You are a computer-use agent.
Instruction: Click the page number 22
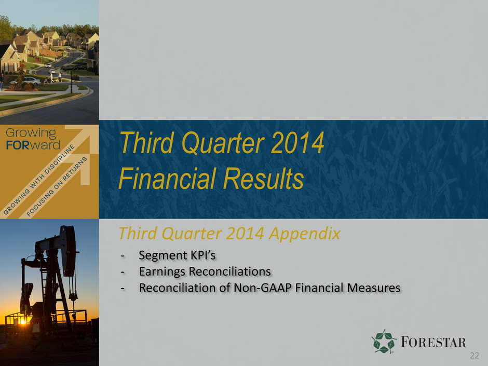pos(475,356)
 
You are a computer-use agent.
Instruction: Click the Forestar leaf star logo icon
pos(384,342)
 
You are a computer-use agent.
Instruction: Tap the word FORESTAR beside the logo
pos(433,342)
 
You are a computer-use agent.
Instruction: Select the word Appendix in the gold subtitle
pos(305,234)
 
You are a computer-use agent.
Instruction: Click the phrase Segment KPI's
pos(177,255)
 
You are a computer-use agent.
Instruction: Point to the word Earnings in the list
pos(162,272)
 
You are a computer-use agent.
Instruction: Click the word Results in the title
pos(263,178)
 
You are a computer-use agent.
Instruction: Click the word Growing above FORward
pos(31,133)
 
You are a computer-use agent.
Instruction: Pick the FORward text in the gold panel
pos(33,145)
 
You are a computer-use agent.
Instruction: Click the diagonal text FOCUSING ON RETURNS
pos(57,186)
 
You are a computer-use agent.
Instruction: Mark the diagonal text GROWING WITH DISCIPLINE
pos(39,180)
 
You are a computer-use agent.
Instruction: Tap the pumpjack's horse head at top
pos(69,251)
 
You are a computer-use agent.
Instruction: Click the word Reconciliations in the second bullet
pos(229,272)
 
